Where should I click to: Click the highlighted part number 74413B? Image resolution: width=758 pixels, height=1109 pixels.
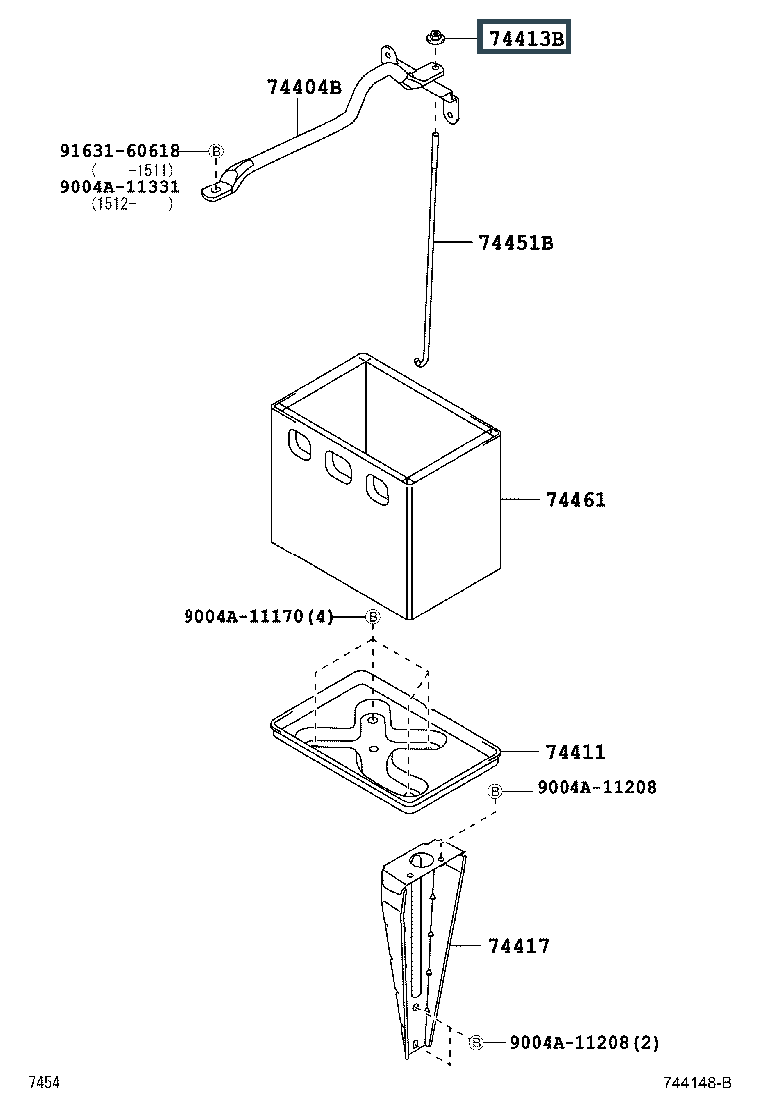point(526,39)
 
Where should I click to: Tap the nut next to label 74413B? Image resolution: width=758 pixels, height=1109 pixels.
point(435,38)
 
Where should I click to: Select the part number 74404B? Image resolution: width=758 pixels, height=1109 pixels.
point(304,87)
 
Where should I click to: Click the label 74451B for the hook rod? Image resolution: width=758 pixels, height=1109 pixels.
point(515,242)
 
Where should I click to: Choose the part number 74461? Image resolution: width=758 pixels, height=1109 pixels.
point(575,499)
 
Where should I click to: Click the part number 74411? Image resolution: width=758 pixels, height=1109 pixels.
point(575,752)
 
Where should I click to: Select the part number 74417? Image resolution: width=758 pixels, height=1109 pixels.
point(519,945)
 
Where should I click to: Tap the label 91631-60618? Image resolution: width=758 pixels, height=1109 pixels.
point(120,151)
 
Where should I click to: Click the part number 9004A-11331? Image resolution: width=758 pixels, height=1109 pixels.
point(120,186)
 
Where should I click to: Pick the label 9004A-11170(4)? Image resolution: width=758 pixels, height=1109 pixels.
point(257,617)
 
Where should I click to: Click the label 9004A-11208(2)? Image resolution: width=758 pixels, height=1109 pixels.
point(584,1043)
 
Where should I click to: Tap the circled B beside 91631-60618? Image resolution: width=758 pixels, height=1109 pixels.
point(217,151)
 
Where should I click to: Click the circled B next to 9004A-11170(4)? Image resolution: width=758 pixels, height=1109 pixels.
point(372,617)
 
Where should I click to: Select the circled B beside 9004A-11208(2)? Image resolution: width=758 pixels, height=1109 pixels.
point(476,1042)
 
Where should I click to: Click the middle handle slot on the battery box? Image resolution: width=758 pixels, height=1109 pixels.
point(337,466)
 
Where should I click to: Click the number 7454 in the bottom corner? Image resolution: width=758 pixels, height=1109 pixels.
point(44,1083)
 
